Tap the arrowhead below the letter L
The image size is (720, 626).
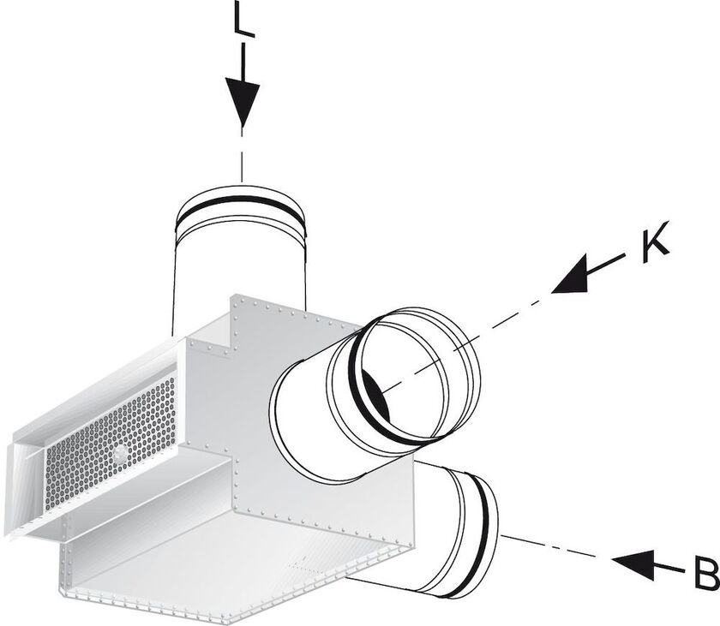click(243, 103)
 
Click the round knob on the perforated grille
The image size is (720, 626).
click(121, 453)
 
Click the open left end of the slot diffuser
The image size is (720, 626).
click(24, 486)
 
